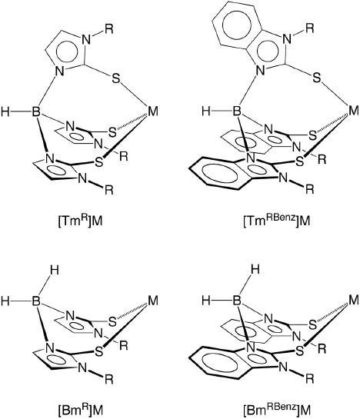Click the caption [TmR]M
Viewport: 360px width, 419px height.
[x=80, y=221]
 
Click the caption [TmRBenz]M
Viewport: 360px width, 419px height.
[x=277, y=221]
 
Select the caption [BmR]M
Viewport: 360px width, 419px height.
[x=80, y=409]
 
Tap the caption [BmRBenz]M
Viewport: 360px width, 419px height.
[x=277, y=409]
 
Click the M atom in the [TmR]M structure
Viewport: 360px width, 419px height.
[x=153, y=111]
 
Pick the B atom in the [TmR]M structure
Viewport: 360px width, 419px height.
[x=36, y=111]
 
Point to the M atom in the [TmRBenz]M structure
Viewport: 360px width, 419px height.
[x=353, y=111]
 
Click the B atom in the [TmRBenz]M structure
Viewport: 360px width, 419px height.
[x=236, y=111]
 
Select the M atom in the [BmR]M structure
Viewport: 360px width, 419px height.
[x=153, y=301]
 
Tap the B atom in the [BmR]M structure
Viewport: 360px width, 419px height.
[x=36, y=301]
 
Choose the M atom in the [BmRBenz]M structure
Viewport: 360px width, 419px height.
[x=353, y=300]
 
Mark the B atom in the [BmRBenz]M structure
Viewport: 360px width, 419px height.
[x=236, y=301]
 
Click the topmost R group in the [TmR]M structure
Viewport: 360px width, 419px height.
[x=109, y=29]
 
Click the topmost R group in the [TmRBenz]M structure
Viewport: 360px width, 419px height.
[x=309, y=28]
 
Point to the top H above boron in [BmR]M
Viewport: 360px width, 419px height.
[x=55, y=271]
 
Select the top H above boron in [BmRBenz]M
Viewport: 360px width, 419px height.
[x=255, y=269]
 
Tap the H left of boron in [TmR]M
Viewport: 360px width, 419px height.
[x=5, y=111]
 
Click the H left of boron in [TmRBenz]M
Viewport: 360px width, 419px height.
[x=206, y=111]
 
